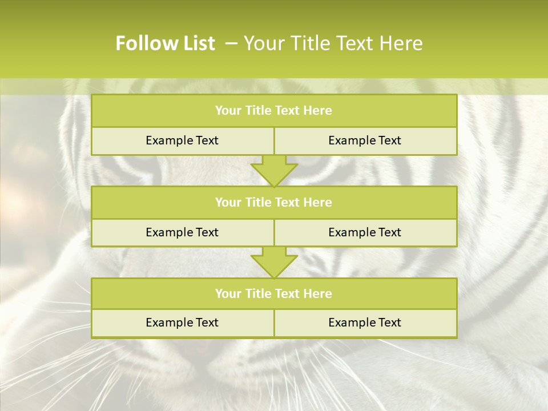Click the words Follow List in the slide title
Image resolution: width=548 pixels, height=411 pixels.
coord(166,43)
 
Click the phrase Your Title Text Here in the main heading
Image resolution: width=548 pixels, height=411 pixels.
coord(333,43)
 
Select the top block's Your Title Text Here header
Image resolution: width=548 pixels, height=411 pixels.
coord(273,111)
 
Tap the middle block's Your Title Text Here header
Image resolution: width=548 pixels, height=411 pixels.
coord(273,202)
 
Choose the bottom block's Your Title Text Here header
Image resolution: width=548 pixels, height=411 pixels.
coord(273,293)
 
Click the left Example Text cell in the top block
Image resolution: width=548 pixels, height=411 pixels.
coord(182,140)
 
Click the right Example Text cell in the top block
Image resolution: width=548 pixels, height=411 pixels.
coord(365,140)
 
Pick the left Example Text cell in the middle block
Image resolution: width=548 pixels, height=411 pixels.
coord(182,232)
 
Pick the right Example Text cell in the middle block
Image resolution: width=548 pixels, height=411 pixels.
coord(365,232)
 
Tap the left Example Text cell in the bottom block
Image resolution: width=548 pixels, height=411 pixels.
coord(182,323)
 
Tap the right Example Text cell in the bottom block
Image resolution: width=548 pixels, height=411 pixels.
coord(365,323)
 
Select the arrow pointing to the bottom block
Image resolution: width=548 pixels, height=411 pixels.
coord(274,262)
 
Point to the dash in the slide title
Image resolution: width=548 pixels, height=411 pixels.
coord(231,44)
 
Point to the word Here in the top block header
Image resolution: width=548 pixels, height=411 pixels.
coord(318,111)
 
